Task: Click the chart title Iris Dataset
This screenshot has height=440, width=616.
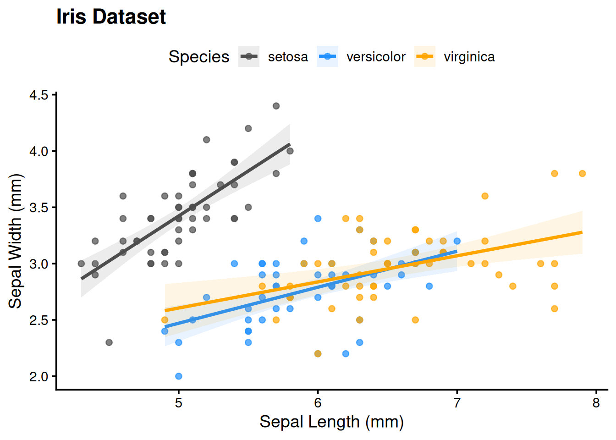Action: [111, 17]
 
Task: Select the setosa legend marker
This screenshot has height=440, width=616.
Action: [249, 56]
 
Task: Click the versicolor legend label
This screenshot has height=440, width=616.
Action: [376, 57]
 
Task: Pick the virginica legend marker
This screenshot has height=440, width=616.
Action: [425, 56]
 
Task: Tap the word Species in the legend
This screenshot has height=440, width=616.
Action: [199, 57]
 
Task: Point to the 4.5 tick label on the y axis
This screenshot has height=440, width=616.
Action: [38, 95]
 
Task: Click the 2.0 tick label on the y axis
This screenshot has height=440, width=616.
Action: [38, 376]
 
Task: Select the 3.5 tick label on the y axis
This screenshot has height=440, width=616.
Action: [38, 208]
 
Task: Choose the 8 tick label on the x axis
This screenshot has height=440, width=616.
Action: [596, 403]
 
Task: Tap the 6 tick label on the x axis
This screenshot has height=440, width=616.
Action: [318, 403]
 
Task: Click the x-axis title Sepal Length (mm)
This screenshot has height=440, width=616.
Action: [331, 422]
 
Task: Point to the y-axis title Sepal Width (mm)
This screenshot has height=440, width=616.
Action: [16, 241]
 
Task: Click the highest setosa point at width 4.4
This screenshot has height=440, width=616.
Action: [276, 106]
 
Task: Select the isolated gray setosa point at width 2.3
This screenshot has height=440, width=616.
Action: [109, 342]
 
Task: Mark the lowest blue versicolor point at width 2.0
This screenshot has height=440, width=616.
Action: [179, 376]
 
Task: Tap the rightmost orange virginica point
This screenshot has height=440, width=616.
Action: [582, 174]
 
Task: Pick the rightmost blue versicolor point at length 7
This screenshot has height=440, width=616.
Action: [457, 241]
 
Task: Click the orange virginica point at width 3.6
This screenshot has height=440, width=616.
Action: [485, 196]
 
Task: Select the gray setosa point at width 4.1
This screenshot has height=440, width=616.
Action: [206, 140]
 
